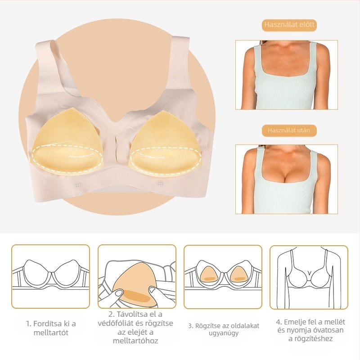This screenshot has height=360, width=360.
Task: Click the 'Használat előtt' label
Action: pos(289,25)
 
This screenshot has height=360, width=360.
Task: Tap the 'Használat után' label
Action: pos(289,130)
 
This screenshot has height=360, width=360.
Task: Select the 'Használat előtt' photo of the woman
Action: pos(287,75)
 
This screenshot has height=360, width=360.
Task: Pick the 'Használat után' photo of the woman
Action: pos(287,179)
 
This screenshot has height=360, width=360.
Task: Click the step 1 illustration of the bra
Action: pos(50,276)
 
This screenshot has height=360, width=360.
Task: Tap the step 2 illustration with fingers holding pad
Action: pos(137,276)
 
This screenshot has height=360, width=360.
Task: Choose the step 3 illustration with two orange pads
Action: pos(223,277)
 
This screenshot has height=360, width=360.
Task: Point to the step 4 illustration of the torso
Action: pos(309,277)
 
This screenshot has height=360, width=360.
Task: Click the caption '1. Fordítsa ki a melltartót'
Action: pos(51,328)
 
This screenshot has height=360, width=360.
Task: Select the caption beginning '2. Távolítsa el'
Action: pos(135,328)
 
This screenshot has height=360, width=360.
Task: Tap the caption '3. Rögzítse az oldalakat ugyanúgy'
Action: pos(224,329)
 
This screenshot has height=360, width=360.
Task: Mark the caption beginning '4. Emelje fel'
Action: pos(310,330)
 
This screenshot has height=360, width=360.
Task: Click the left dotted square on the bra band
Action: pos(78,184)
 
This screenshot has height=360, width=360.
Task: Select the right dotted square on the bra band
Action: pos(160,183)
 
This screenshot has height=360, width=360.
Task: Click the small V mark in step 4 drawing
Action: pos(309,273)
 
